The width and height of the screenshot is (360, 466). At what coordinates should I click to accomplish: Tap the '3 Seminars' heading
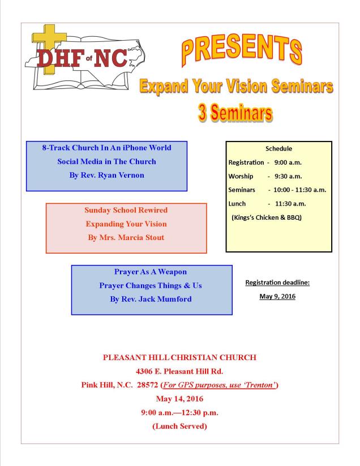(x=235, y=112)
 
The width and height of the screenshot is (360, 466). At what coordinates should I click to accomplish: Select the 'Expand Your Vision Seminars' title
(x=236, y=86)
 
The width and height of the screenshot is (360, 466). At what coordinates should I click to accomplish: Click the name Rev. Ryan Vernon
(x=106, y=175)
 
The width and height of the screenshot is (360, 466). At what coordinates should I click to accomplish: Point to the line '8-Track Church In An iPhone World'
(x=106, y=148)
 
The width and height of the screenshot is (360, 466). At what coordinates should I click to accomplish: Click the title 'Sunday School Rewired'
(x=126, y=210)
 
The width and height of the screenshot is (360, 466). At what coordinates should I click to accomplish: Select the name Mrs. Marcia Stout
(x=126, y=237)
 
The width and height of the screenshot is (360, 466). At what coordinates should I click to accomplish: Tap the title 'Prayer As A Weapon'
(x=151, y=272)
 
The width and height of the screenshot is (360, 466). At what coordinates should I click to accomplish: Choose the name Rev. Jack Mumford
(x=151, y=299)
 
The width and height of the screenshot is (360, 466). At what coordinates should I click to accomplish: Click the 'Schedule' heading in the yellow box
(x=278, y=148)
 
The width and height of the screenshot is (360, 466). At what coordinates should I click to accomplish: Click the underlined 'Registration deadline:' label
(x=278, y=282)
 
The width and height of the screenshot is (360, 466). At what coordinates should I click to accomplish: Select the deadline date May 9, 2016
(x=278, y=296)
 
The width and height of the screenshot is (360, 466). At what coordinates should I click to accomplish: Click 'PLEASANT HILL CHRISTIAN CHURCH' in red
(x=179, y=358)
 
